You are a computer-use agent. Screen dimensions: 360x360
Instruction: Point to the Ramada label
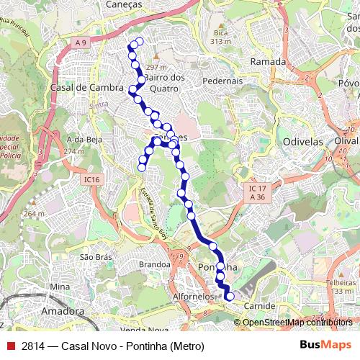coord(268,62)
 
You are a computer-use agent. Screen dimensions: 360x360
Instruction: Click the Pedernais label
coord(222,81)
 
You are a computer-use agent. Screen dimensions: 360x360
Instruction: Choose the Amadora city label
coord(63,311)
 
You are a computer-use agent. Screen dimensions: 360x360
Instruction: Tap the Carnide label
coord(259,306)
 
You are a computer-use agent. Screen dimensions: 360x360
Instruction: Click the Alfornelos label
coord(194,296)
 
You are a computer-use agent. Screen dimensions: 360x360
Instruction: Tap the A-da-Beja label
coord(79,139)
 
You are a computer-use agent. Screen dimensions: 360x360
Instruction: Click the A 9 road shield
coord(79,43)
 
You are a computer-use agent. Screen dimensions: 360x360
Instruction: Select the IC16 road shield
coord(91,179)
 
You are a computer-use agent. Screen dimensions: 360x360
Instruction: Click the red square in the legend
coord(10,346)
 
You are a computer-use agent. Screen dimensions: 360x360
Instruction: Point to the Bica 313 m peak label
coord(219,37)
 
